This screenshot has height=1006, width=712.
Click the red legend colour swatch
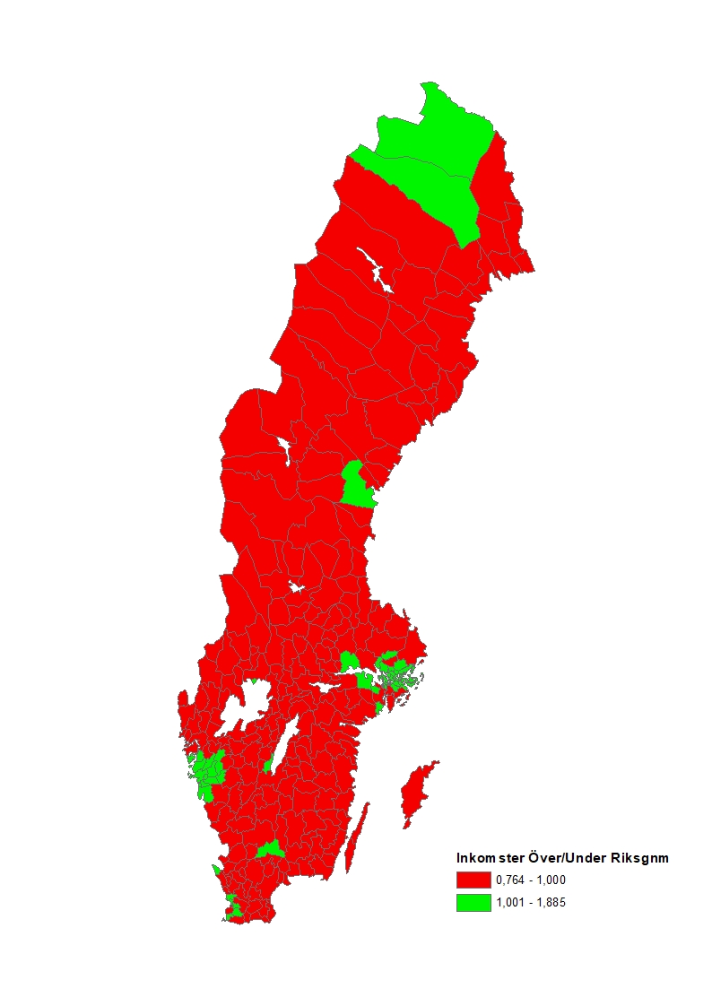pos(473,880)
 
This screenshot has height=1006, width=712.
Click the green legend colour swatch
pos(473,903)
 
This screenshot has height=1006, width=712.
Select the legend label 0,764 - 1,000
pos(531,880)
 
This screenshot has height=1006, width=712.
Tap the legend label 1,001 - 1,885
pos(531,903)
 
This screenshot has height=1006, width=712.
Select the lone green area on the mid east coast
pos(357,486)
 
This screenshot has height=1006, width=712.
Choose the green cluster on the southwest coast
pos(208,771)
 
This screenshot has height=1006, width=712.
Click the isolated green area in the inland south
pos(268,848)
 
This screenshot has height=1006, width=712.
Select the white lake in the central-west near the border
pos(285,449)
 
